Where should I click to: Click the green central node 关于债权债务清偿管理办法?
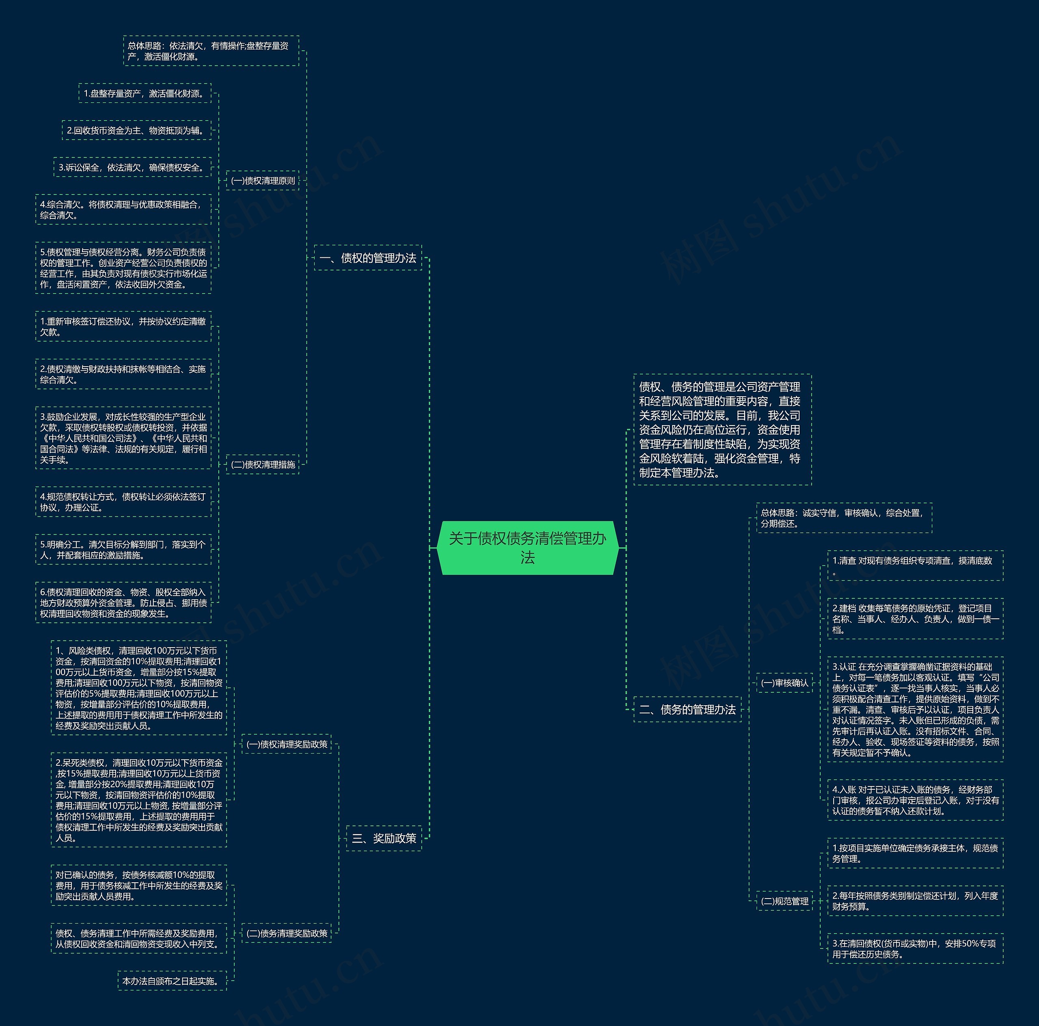tap(527, 547)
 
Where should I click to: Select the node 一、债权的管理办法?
tap(368, 258)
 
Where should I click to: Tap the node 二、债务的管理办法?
tap(687, 709)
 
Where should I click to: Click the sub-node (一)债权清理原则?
tap(263, 181)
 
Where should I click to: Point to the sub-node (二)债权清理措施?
tap(263, 464)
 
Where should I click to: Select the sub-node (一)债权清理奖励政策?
tap(286, 744)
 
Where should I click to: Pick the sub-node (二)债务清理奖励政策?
tap(286, 933)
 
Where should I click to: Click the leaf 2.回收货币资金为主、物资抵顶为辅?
tap(136, 130)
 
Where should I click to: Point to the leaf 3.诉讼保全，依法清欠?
tap(132, 167)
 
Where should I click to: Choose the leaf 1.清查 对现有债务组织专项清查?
tap(915, 566)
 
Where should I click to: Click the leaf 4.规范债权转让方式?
tap(123, 502)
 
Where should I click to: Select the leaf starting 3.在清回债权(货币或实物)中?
tap(915, 948)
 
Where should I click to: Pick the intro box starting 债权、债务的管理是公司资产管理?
tap(722, 429)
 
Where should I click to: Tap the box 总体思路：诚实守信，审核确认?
tap(843, 518)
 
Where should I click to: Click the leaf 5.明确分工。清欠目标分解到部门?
tap(123, 549)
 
